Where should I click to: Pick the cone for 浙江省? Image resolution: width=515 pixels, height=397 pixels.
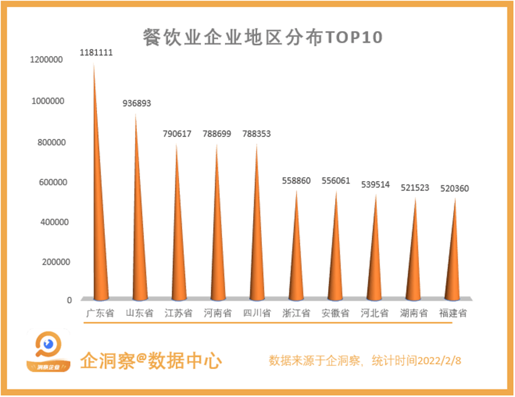pos(296,262)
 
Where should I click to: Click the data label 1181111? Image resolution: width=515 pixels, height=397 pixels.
pos(96,52)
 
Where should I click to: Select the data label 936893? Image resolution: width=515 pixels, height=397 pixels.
pos(137,103)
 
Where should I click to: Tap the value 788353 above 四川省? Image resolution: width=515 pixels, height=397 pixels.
pos(257,134)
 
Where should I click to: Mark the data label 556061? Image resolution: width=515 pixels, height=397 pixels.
pos(336,181)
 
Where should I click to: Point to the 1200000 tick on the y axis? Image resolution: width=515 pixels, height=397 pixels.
pos(47,60)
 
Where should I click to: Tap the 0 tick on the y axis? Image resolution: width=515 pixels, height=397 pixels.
pos(69,300)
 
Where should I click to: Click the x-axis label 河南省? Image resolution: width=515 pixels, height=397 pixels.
pos(217,313)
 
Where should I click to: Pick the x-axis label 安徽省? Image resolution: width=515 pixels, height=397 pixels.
pos(335,313)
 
